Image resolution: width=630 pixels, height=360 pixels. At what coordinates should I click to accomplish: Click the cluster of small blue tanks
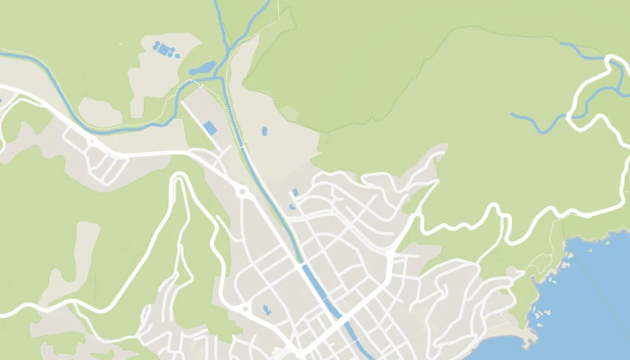click(165, 49)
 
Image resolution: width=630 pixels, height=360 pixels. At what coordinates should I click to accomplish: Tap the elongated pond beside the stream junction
click(202, 67)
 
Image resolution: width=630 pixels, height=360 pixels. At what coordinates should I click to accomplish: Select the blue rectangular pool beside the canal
click(210, 128)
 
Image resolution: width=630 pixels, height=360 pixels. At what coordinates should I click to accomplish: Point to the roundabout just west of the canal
click(241, 191)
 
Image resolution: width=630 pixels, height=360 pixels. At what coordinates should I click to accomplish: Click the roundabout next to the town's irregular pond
click(245, 308)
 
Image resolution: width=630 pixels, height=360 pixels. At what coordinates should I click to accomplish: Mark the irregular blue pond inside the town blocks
click(266, 310)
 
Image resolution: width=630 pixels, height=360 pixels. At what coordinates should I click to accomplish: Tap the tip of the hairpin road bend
click(179, 179)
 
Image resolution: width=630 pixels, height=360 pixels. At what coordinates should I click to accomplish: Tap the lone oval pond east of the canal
click(265, 131)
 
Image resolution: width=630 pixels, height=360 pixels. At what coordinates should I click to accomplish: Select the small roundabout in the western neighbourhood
click(92, 141)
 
